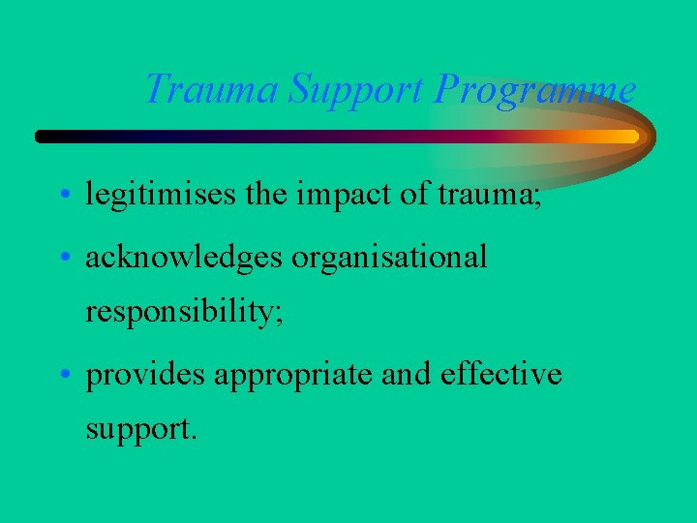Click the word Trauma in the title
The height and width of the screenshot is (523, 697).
(212, 90)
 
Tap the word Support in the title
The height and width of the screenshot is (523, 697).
(357, 90)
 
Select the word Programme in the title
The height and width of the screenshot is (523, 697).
(535, 90)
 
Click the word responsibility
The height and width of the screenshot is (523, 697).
(184, 312)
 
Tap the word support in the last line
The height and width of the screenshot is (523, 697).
(140, 428)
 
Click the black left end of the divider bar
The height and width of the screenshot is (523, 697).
(45, 137)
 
